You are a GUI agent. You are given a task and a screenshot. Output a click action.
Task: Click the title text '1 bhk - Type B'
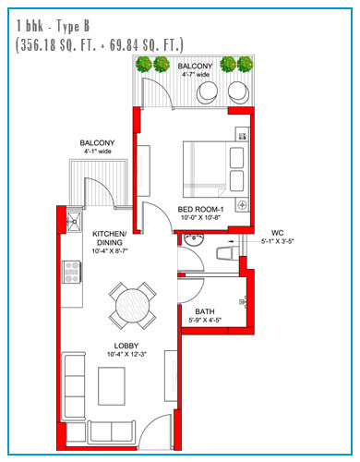[x=53, y=26]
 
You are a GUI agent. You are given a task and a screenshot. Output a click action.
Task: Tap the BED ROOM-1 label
[x=200, y=210]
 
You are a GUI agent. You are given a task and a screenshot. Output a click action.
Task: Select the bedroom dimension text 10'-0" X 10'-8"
[x=200, y=217]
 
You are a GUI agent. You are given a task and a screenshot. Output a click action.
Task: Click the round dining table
[x=133, y=306]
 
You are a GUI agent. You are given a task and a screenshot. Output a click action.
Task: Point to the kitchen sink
[x=74, y=221]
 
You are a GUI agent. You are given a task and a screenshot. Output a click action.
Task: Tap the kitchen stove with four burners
[x=72, y=272]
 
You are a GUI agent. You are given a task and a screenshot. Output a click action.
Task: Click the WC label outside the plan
[x=277, y=233]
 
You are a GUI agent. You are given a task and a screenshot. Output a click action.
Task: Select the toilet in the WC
[x=228, y=253]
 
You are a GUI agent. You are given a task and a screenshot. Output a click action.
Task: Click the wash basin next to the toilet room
[x=194, y=239]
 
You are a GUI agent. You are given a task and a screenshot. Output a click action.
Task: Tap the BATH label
[x=205, y=311]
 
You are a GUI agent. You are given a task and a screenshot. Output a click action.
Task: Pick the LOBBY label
[x=126, y=346]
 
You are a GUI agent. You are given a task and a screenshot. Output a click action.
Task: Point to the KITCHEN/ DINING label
[x=109, y=238]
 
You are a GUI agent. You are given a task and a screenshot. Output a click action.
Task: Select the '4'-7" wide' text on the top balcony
[x=196, y=74]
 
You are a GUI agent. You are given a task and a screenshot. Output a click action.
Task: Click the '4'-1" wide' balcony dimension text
[x=98, y=152]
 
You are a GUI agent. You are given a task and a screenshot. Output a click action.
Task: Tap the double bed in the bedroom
[x=216, y=169]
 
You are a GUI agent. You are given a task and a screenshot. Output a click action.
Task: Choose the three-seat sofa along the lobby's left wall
[x=74, y=386]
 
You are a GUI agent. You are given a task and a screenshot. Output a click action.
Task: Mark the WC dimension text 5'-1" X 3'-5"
[x=278, y=241]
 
